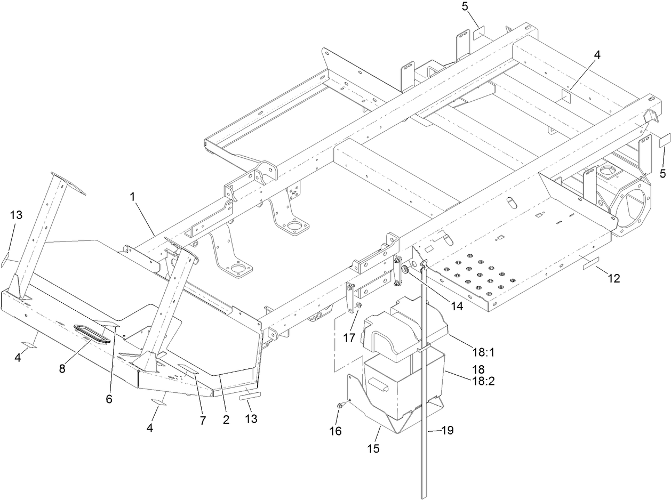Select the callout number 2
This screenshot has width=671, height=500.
(x=226, y=420)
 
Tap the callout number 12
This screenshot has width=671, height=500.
(x=613, y=278)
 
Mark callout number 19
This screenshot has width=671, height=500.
(x=447, y=430)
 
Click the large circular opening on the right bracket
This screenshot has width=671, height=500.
(x=633, y=207)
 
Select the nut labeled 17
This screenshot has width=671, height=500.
(x=358, y=305)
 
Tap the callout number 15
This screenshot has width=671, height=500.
(x=373, y=448)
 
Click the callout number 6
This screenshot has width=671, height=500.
(x=109, y=399)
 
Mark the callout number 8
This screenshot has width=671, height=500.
(x=62, y=369)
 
